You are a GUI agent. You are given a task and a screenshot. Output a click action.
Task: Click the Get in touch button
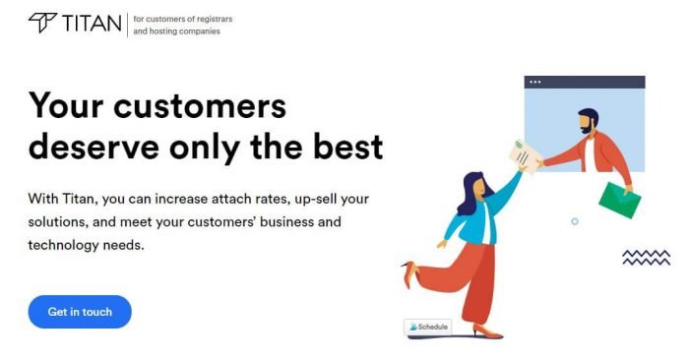pyautogui.click(x=80, y=312)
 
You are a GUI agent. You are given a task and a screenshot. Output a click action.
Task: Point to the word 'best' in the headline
pyautogui.click(x=344, y=147)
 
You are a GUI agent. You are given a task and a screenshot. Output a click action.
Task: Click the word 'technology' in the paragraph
pyautogui.click(x=68, y=244)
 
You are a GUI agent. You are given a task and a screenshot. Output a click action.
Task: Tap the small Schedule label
pyautogui.click(x=427, y=327)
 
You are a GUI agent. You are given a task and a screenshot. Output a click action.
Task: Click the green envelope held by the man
pyautogui.click(x=619, y=201)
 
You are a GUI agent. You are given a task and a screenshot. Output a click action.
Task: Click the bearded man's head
pyautogui.click(x=588, y=121)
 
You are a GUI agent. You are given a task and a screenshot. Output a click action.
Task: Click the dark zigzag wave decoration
pyautogui.click(x=646, y=257)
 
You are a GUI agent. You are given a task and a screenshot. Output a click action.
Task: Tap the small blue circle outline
pyautogui.click(x=575, y=221)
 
